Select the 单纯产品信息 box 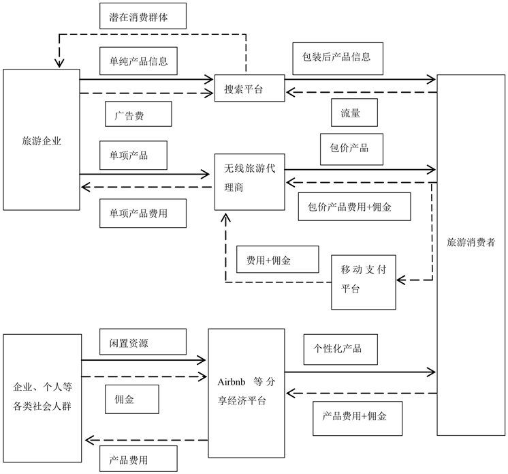pyautogui.click(x=138, y=61)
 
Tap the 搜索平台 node pyautogui.click(x=249, y=89)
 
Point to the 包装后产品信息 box pyautogui.click(x=337, y=58)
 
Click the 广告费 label pyautogui.click(x=139, y=116)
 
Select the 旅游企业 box pyautogui.click(x=42, y=139)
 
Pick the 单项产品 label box pyautogui.click(x=133, y=155)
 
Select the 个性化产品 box pyautogui.click(x=337, y=349)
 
